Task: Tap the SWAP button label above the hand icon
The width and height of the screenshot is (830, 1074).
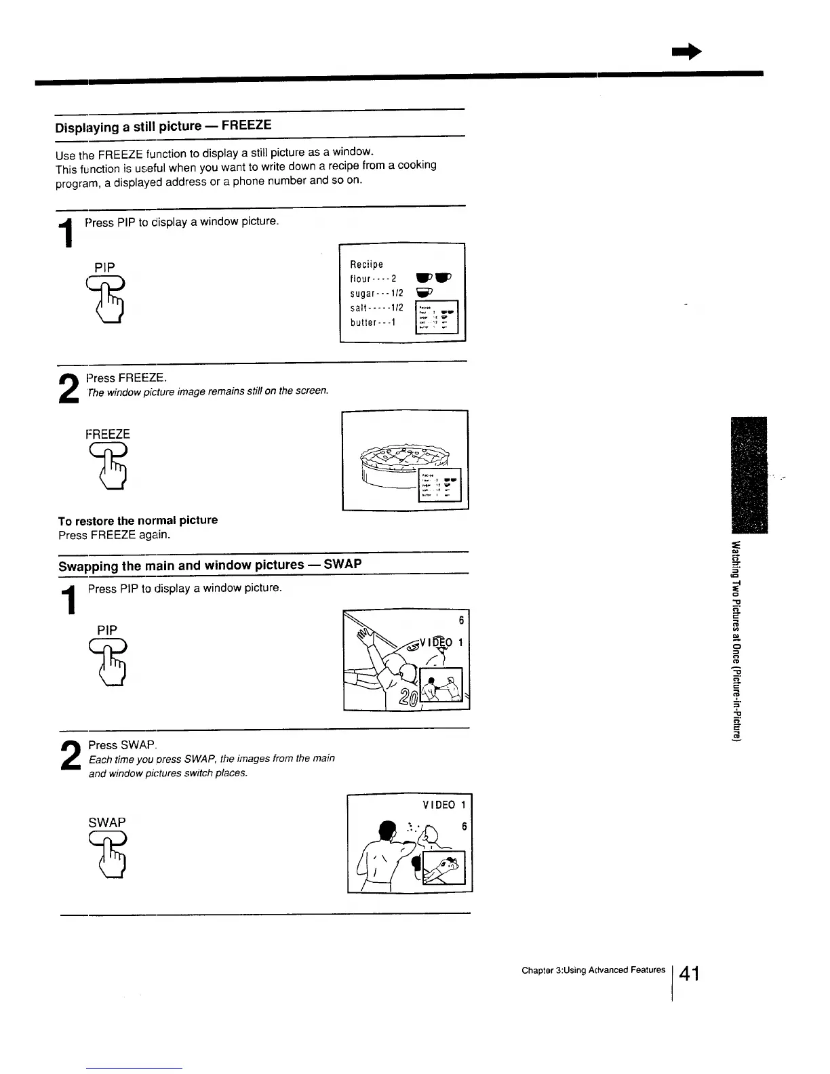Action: (107, 822)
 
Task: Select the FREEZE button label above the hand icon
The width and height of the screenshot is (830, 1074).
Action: (107, 434)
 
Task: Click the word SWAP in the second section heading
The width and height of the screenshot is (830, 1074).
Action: (342, 564)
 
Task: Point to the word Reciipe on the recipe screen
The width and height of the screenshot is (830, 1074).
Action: (367, 264)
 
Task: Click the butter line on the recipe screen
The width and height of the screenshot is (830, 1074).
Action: (373, 322)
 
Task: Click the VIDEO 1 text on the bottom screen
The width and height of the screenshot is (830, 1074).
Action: (443, 805)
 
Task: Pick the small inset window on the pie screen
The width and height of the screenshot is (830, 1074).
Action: (440, 485)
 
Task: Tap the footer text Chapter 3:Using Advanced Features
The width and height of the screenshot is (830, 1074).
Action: (593, 970)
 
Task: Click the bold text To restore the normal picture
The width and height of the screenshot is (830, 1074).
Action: (138, 520)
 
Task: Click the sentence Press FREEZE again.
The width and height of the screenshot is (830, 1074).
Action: (114, 535)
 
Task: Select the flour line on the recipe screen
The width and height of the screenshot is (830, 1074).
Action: (373, 279)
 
